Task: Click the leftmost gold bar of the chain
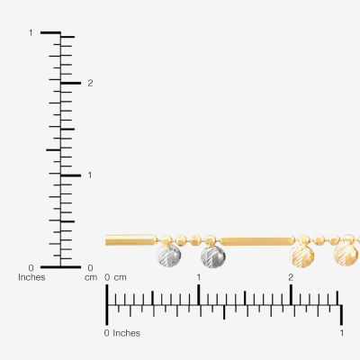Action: point(131,240)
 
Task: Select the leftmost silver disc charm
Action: point(169,256)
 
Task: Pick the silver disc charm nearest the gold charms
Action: point(213,256)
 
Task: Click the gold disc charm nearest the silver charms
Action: point(302,256)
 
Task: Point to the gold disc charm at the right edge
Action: point(346,256)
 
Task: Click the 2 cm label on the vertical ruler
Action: point(90,84)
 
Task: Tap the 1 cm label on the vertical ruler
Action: point(90,175)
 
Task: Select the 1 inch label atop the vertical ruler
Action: point(31,32)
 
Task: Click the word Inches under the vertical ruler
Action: point(31,277)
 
